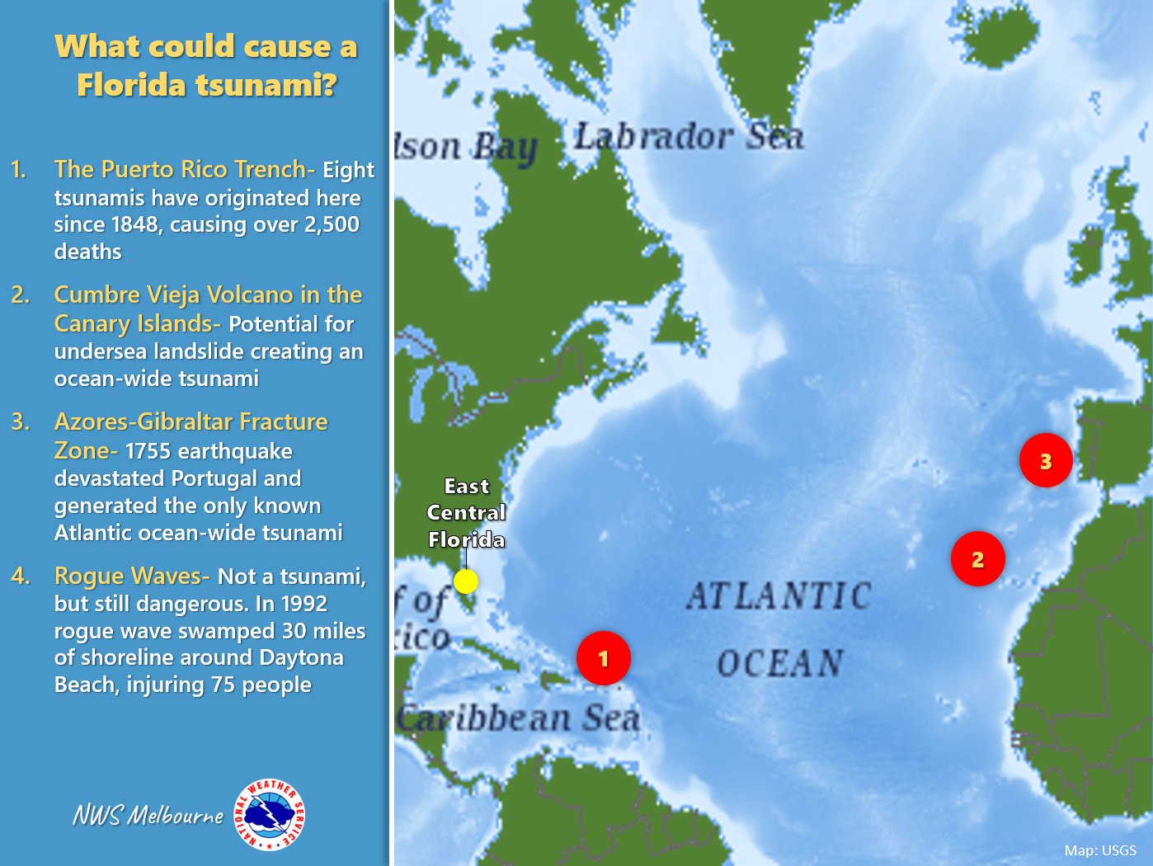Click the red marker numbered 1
(604, 658)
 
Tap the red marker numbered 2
(977, 559)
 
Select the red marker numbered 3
(1046, 460)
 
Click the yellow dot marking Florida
(466, 581)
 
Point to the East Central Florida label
(466, 513)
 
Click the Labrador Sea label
(689, 137)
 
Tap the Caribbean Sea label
(520, 718)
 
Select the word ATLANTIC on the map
(778, 596)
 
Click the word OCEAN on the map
(779, 663)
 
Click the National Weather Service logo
(270, 815)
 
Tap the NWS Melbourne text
(148, 816)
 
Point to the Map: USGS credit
(1100, 850)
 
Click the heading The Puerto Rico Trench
(184, 169)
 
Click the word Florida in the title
(132, 85)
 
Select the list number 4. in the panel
(21, 576)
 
